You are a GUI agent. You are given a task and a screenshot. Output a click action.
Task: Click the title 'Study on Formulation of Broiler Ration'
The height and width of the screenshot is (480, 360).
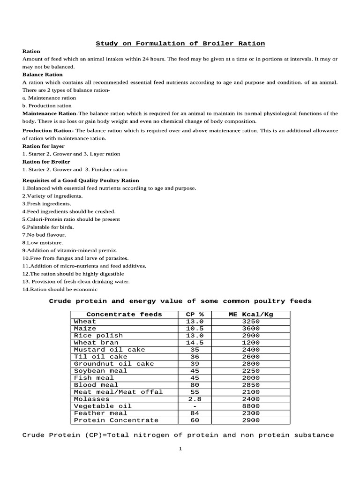pos(180,44)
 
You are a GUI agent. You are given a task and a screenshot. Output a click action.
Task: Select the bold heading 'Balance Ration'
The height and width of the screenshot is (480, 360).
pos(42,75)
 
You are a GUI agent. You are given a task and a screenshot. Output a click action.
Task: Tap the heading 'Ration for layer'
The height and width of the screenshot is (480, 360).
pos(43,146)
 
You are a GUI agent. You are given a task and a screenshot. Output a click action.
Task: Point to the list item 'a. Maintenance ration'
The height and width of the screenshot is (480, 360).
pos(49,98)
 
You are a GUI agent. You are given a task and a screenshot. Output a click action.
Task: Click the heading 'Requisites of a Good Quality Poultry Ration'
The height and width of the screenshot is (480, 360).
pos(81,180)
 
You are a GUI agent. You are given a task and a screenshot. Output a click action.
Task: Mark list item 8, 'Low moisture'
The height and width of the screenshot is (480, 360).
pos(44,243)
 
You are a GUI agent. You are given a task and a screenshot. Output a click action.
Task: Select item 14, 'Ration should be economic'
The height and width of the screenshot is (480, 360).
pos(60,290)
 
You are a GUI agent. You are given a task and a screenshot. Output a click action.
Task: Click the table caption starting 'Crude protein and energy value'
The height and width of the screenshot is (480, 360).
pos(180,301)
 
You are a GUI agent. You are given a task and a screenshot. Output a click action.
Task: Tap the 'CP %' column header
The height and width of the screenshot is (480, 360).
pos(195,315)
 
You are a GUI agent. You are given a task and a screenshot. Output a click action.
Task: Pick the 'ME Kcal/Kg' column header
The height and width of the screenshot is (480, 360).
pos(250,315)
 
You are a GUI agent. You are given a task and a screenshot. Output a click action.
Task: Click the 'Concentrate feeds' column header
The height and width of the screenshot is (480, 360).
pos(124,315)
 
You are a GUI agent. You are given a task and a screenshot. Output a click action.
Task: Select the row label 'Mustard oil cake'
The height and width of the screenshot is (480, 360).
pos(109,350)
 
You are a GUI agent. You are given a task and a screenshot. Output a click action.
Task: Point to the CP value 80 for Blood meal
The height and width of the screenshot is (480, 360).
pos(195,385)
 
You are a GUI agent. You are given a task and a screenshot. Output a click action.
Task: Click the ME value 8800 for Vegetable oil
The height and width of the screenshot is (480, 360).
pos(250,406)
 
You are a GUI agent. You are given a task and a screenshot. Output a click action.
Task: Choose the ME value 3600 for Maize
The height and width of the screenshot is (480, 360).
pos(250,329)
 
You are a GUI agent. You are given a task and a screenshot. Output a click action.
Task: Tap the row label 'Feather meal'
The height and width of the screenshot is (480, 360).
pos(100,413)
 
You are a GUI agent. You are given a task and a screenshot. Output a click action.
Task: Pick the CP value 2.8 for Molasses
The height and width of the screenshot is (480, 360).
pos(195,399)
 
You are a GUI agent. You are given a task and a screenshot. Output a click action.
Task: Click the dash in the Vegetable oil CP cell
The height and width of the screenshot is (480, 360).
pos(195,406)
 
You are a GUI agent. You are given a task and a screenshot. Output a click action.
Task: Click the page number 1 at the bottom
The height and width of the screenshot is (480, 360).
pos(180,449)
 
